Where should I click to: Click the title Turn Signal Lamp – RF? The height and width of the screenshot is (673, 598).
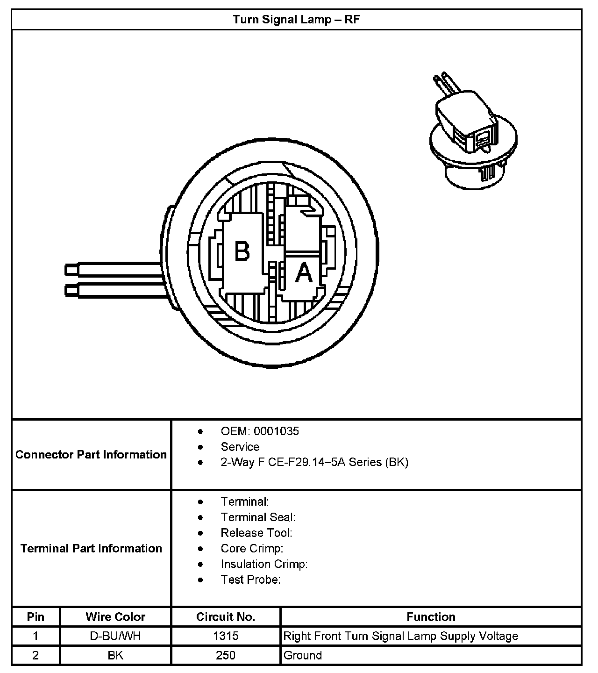pos(296,20)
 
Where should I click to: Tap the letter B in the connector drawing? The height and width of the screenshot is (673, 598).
pos(242,251)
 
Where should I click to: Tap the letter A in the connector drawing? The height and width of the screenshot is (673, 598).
pos(304,272)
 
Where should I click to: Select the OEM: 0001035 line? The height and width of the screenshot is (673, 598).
pos(259,431)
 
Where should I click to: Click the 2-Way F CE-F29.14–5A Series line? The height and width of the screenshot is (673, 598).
pos(314,462)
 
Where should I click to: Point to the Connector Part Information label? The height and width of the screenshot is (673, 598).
pos(91,455)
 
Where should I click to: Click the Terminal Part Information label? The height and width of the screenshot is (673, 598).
pos(91,548)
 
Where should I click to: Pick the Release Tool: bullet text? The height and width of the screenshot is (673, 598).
pos(256,533)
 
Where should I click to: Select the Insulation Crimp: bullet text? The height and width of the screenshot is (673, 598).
pos(264,564)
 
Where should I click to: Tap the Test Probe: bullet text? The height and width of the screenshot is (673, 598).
pos(250,580)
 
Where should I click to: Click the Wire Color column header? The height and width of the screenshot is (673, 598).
pos(115,617)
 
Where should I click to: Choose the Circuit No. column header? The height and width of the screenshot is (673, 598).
pos(226,617)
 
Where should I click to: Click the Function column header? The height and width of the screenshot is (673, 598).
pos(431,617)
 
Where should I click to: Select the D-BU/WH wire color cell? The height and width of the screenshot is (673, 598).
pos(115,636)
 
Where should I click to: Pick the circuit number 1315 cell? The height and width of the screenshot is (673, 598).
pos(226,636)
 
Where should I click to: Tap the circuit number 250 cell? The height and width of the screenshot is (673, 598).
pos(226,655)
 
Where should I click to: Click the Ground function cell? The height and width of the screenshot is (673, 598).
pos(303,655)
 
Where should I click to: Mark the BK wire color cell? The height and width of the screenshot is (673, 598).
pos(115,655)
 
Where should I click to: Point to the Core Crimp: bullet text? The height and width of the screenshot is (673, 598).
pos(252,548)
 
